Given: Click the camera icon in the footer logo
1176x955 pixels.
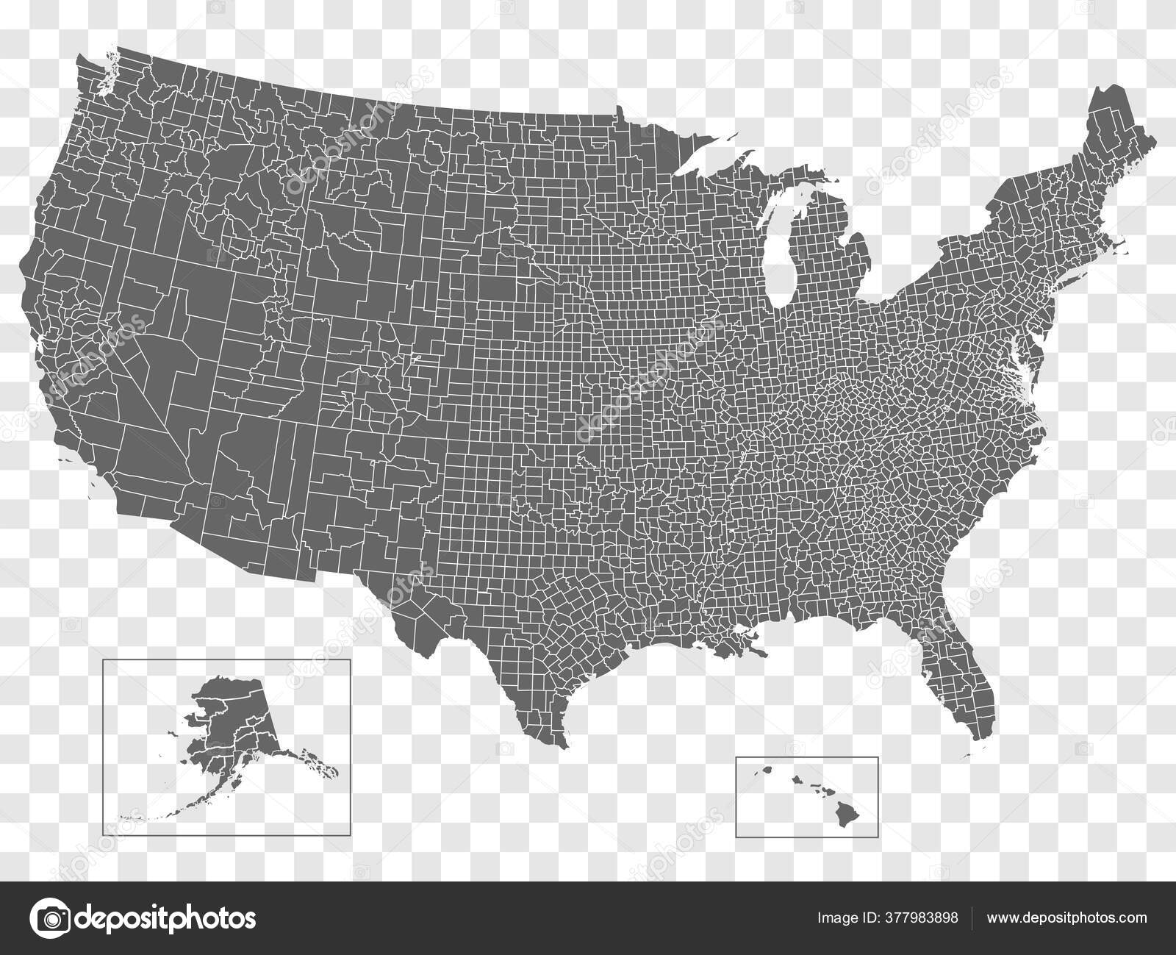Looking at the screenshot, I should [49, 918].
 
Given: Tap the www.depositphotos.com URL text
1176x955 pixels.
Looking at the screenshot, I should [1066, 918].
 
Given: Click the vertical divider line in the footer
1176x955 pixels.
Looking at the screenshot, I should [972, 918].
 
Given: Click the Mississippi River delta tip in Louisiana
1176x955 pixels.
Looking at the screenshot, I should [761, 651].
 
